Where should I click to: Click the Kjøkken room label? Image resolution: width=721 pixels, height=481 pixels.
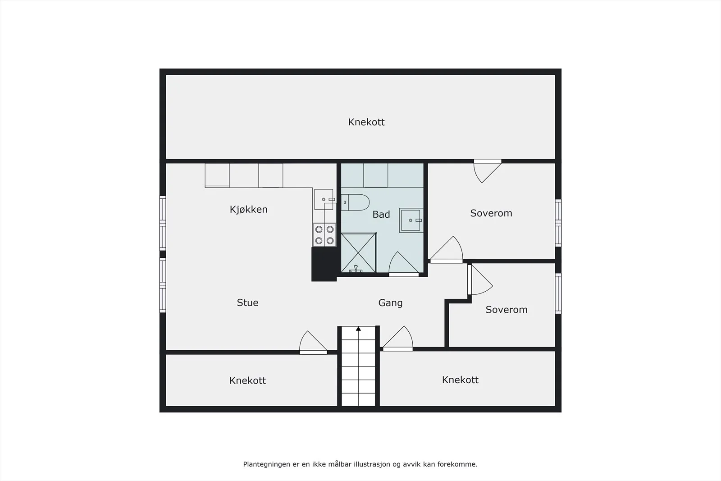pyautogui.click(x=248, y=210)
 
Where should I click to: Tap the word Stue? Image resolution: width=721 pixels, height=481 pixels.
pyautogui.click(x=247, y=302)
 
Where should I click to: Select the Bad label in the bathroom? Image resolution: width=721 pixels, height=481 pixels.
pyautogui.click(x=381, y=215)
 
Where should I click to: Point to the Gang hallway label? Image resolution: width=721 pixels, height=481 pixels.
pyautogui.click(x=390, y=303)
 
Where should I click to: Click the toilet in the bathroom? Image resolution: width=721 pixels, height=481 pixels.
pyautogui.click(x=355, y=202)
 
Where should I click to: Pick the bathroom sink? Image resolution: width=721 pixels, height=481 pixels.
pyautogui.click(x=411, y=220)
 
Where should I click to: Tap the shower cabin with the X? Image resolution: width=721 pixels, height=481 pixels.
pyautogui.click(x=359, y=253)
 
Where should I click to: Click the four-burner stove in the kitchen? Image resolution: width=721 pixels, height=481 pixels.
pyautogui.click(x=324, y=235)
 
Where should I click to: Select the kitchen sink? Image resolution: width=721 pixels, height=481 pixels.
pyautogui.click(x=324, y=199)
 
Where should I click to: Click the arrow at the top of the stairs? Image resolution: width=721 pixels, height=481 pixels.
pyautogui.click(x=358, y=329)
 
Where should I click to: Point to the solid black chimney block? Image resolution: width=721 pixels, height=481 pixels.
pyautogui.click(x=324, y=264)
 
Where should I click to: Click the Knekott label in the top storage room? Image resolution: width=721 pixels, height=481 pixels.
pyautogui.click(x=366, y=122)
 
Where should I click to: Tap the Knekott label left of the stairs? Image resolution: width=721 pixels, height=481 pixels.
pyautogui.click(x=247, y=380)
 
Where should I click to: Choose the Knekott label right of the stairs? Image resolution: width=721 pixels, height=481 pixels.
pyautogui.click(x=460, y=380)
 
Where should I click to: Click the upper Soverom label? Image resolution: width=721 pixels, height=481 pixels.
pyautogui.click(x=491, y=213)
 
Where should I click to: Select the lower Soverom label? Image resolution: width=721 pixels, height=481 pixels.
pyautogui.click(x=507, y=310)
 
